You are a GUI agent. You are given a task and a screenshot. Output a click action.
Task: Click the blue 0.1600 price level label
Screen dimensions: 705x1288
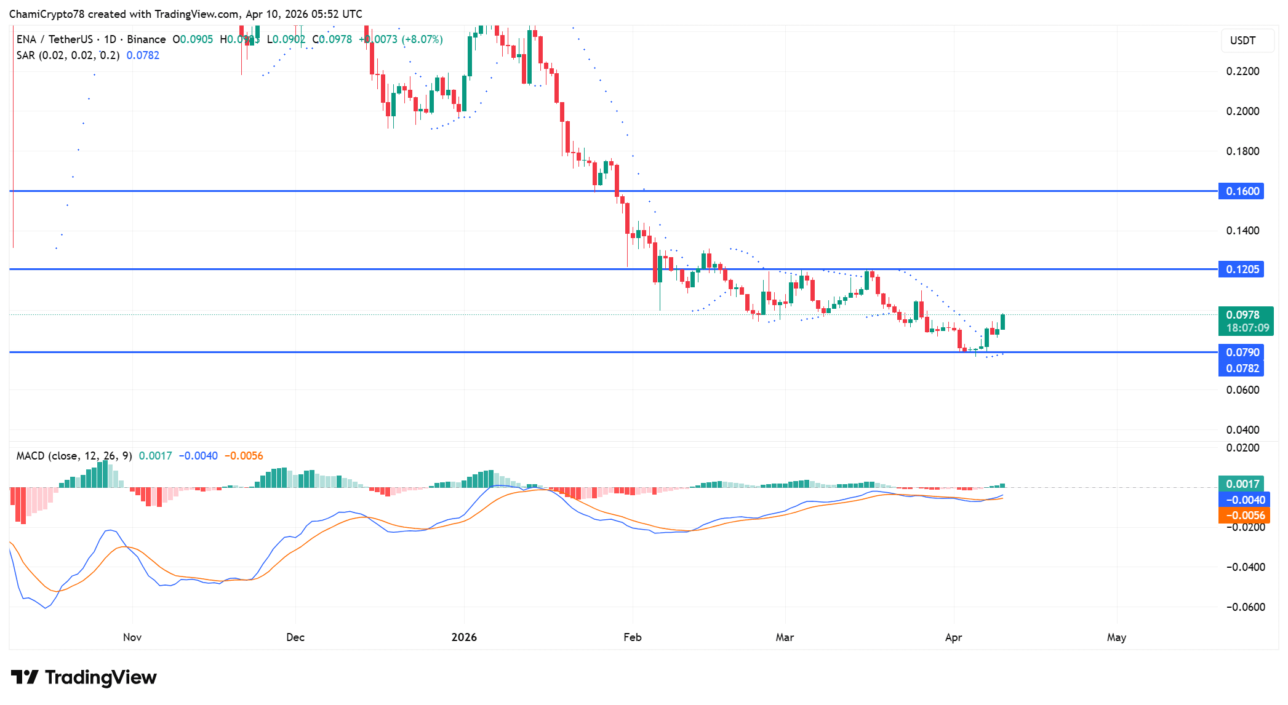click(x=1242, y=191)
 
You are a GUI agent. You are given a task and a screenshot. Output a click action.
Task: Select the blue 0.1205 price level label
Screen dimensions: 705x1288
click(x=1242, y=269)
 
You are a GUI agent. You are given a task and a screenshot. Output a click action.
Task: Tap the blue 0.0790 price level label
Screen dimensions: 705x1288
click(x=1242, y=352)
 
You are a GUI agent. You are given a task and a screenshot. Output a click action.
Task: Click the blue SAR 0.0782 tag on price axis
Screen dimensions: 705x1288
click(x=1242, y=368)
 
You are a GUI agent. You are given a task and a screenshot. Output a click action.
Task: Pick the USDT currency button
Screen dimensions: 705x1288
click(x=1242, y=41)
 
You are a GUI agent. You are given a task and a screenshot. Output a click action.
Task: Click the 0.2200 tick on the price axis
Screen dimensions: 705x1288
click(x=1242, y=71)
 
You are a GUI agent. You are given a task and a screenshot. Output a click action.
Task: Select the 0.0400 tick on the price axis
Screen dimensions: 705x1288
click(x=1242, y=430)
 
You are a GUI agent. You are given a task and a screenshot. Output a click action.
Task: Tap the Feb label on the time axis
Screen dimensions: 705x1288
click(x=632, y=637)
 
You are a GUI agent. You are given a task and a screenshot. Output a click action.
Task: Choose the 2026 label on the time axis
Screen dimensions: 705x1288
click(x=464, y=637)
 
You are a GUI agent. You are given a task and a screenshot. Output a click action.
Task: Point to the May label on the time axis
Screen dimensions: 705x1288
click(x=1116, y=637)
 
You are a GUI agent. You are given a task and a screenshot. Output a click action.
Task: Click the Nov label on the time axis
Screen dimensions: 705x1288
click(x=132, y=637)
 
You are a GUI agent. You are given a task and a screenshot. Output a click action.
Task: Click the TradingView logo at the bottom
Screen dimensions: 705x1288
click(x=84, y=677)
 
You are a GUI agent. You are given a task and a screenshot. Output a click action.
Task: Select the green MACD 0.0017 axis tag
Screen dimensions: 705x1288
click(x=1241, y=484)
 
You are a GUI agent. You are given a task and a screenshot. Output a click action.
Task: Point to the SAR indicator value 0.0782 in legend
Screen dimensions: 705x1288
click(x=143, y=55)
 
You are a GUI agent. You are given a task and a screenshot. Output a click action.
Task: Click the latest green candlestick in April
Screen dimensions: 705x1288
click(x=1002, y=322)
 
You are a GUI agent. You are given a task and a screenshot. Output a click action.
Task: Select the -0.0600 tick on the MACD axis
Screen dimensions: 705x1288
click(x=1245, y=607)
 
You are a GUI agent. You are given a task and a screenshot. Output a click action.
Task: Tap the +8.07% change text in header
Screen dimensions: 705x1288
click(x=422, y=39)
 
